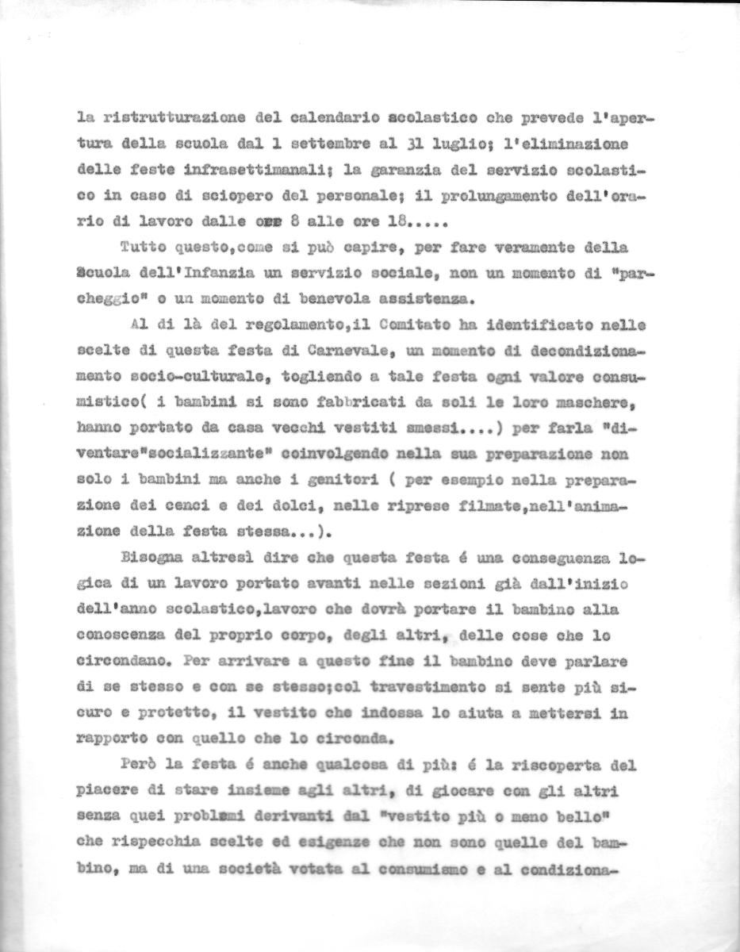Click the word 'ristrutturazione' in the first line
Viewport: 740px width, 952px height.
[x=169, y=117]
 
